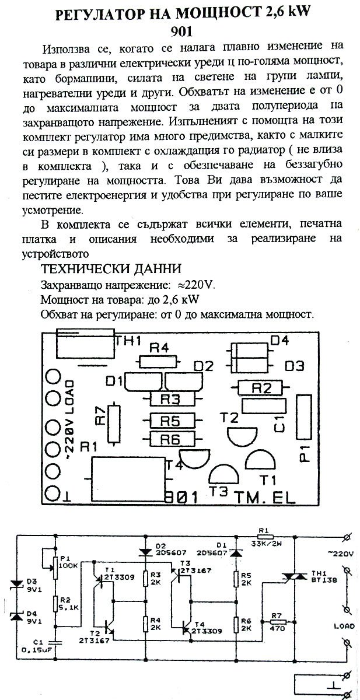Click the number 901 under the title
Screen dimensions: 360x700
[181, 32]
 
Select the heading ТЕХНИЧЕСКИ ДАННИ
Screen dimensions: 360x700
[111, 269]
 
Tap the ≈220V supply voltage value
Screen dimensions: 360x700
[196, 285]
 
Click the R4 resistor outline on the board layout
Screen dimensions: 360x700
[158, 362]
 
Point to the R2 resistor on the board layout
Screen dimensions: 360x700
[260, 387]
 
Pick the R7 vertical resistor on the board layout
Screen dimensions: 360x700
[114, 423]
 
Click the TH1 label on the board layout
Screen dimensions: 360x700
[128, 341]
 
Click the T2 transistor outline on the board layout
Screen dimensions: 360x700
[243, 435]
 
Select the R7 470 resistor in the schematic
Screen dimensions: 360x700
[277, 622]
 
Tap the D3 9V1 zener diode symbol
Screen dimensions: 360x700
[16, 584]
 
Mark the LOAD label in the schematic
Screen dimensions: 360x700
[344, 626]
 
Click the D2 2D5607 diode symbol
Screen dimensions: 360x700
[145, 552]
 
